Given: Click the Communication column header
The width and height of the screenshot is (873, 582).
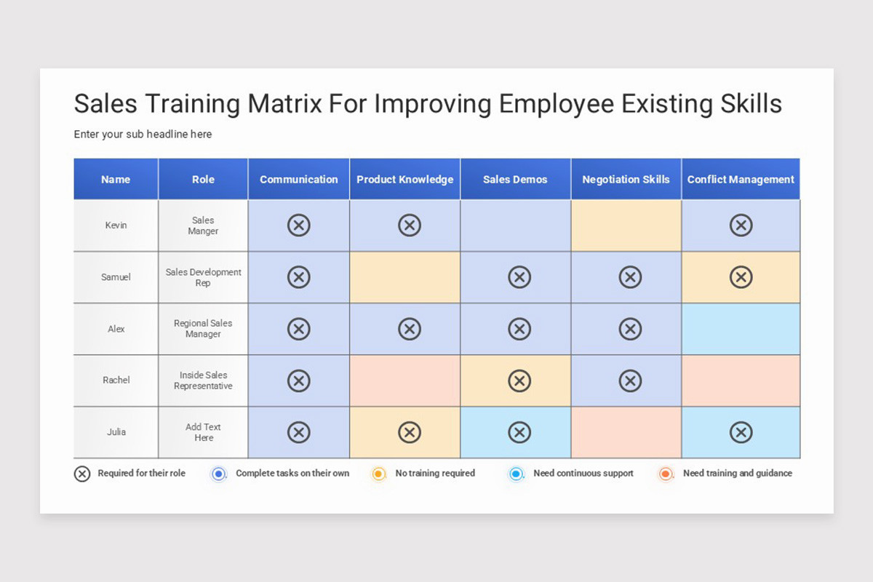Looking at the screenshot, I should pyautogui.click(x=298, y=180).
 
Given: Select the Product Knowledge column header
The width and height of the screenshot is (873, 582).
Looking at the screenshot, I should pyautogui.click(x=404, y=180).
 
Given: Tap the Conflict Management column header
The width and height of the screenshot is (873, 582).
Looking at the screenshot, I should pyautogui.click(x=741, y=180).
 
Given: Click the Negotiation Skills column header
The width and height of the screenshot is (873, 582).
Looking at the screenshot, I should pyautogui.click(x=626, y=180).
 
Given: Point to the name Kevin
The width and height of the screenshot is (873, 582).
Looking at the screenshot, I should pyautogui.click(x=116, y=226).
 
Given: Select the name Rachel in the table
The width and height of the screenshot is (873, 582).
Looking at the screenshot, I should pyautogui.click(x=116, y=380).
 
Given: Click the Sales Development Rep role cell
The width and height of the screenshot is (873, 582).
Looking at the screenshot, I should pyautogui.click(x=203, y=277).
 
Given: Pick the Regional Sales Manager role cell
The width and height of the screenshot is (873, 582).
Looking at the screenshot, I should pyautogui.click(x=203, y=329).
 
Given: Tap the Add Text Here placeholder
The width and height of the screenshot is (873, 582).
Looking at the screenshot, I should pyautogui.click(x=203, y=432).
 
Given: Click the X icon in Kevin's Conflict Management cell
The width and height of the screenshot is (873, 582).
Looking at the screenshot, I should pyautogui.click(x=741, y=226).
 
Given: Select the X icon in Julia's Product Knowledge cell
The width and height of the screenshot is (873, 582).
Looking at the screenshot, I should pyautogui.click(x=410, y=432).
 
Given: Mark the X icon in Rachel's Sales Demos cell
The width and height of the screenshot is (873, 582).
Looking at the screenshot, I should pyautogui.click(x=519, y=380).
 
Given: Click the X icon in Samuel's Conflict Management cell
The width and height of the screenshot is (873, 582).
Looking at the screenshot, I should pyautogui.click(x=741, y=277).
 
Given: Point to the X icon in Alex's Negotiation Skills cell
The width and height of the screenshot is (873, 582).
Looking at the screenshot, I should pyautogui.click(x=630, y=329).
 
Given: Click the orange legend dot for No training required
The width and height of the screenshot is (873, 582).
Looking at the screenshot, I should pyautogui.click(x=378, y=474).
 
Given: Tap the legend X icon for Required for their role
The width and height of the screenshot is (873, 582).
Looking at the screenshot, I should pyautogui.click(x=82, y=474).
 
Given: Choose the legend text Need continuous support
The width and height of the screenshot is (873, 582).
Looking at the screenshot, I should pyautogui.click(x=583, y=474).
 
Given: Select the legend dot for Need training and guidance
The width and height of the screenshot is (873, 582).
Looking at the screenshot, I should pyautogui.click(x=665, y=474).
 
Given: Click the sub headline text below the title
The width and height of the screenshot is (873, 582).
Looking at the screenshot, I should pyautogui.click(x=143, y=135).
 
